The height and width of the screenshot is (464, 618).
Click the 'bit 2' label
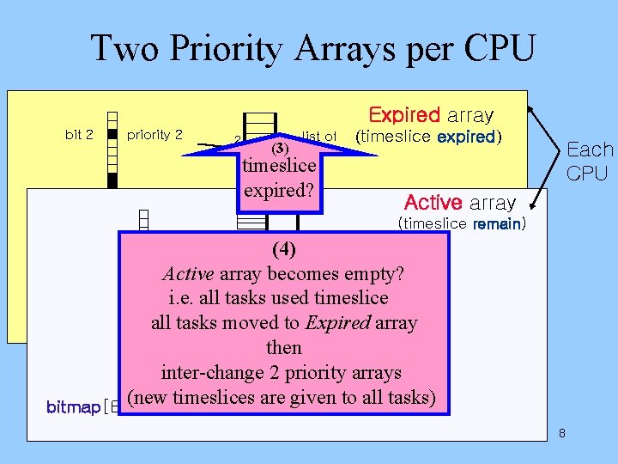(79, 134)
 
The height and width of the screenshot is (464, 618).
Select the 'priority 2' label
(154, 134)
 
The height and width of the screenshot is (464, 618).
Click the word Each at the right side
(590, 150)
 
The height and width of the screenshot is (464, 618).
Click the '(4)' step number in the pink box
(283, 250)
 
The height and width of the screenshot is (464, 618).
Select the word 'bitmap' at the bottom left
(73, 406)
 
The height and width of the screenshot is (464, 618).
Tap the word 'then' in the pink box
(283, 348)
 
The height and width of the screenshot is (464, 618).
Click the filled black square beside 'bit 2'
(112, 135)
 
